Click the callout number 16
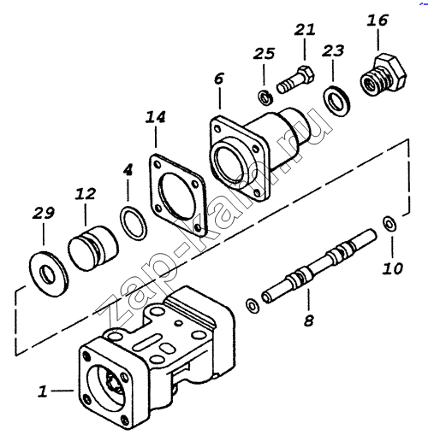[377, 21]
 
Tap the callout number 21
[305, 30]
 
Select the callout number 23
[333, 51]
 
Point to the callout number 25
[264, 53]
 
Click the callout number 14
[156, 117]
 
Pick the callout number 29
[44, 213]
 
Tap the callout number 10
[393, 268]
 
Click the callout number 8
[309, 320]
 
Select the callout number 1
[43, 391]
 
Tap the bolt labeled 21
[295, 79]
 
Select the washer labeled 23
[336, 101]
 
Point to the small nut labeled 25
[265, 97]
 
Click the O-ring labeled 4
[134, 223]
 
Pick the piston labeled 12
[93, 249]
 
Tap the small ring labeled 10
[389, 224]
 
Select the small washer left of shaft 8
[253, 306]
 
